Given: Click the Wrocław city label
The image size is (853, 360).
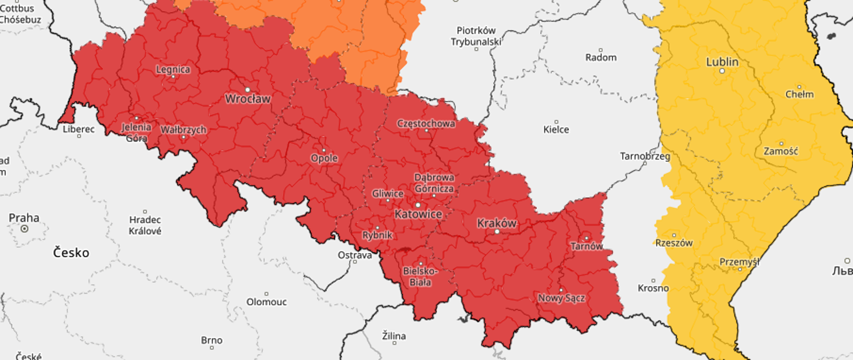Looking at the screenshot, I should point(247,99).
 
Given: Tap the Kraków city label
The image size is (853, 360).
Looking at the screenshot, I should point(497,223).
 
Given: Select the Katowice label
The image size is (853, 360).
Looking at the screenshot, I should point(418,214).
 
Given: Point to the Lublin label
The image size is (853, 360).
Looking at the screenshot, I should point(722,62).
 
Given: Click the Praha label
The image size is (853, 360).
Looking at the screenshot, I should point(24,218).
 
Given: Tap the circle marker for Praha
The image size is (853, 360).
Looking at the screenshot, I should point(24,228).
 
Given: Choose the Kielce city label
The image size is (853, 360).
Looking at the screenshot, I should point(556,129).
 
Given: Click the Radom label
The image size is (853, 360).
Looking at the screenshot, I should point(601,57).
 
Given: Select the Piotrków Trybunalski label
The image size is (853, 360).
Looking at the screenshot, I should point(476,36).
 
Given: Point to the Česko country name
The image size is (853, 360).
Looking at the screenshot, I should point(71,252).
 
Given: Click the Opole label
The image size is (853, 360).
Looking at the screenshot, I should point(324,158).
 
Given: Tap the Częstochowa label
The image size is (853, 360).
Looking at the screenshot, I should point(426,123).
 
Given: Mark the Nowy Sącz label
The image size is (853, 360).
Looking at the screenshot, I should point(561,298).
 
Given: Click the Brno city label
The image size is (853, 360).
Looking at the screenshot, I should point(211,340).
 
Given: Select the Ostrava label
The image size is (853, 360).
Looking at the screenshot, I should point(355,255).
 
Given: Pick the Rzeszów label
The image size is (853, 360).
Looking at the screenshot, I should point(674,243).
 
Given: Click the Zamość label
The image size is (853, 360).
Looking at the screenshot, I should point(781,151).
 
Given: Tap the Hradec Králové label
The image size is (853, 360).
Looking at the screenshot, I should point(145,225).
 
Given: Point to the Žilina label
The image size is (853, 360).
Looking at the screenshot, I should point(394,336).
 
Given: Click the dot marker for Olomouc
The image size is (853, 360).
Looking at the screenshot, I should point(266,294).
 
